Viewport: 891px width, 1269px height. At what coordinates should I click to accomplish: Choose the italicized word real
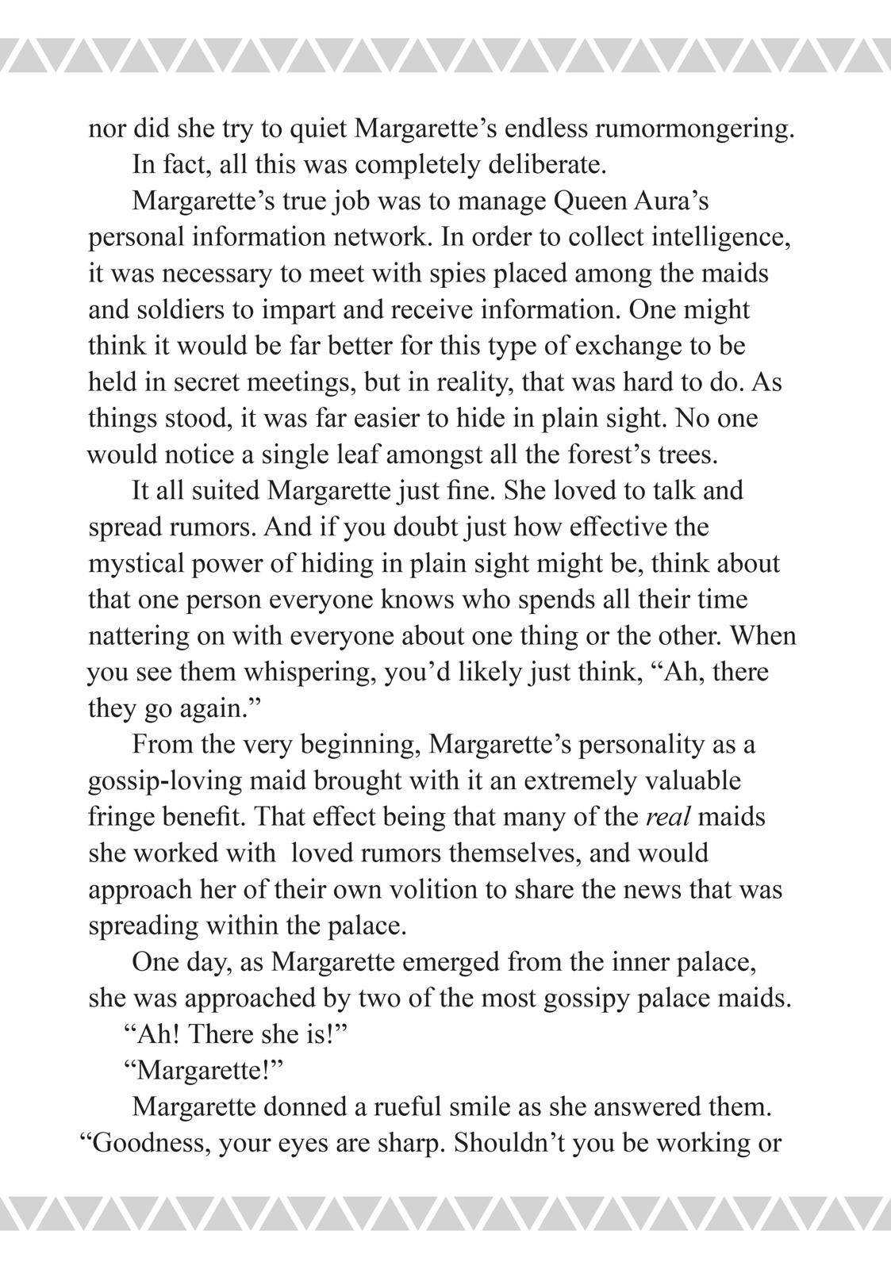[x=666, y=817]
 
